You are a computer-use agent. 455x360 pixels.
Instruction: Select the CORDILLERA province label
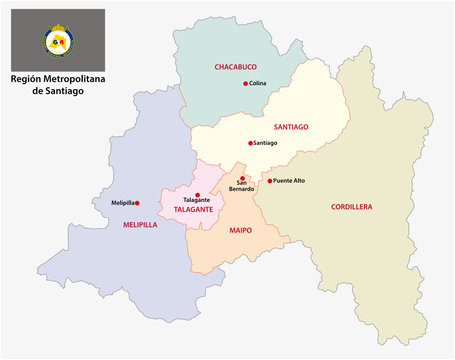[x=351, y=207]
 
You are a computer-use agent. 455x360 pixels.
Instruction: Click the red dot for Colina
[x=245, y=84]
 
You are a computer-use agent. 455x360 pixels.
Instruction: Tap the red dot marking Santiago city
[x=251, y=143]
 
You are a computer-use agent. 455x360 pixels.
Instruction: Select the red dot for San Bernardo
[x=241, y=178]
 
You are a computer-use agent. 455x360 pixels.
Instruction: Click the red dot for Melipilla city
[x=138, y=203]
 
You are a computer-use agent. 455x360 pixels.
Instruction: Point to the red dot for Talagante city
[x=198, y=193]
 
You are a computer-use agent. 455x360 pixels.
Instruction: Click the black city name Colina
[x=259, y=84]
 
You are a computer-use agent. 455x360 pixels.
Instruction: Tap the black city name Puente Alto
[x=291, y=181]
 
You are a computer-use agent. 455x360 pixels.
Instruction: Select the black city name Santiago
[x=266, y=143]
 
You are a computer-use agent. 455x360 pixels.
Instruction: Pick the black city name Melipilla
[x=122, y=203]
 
